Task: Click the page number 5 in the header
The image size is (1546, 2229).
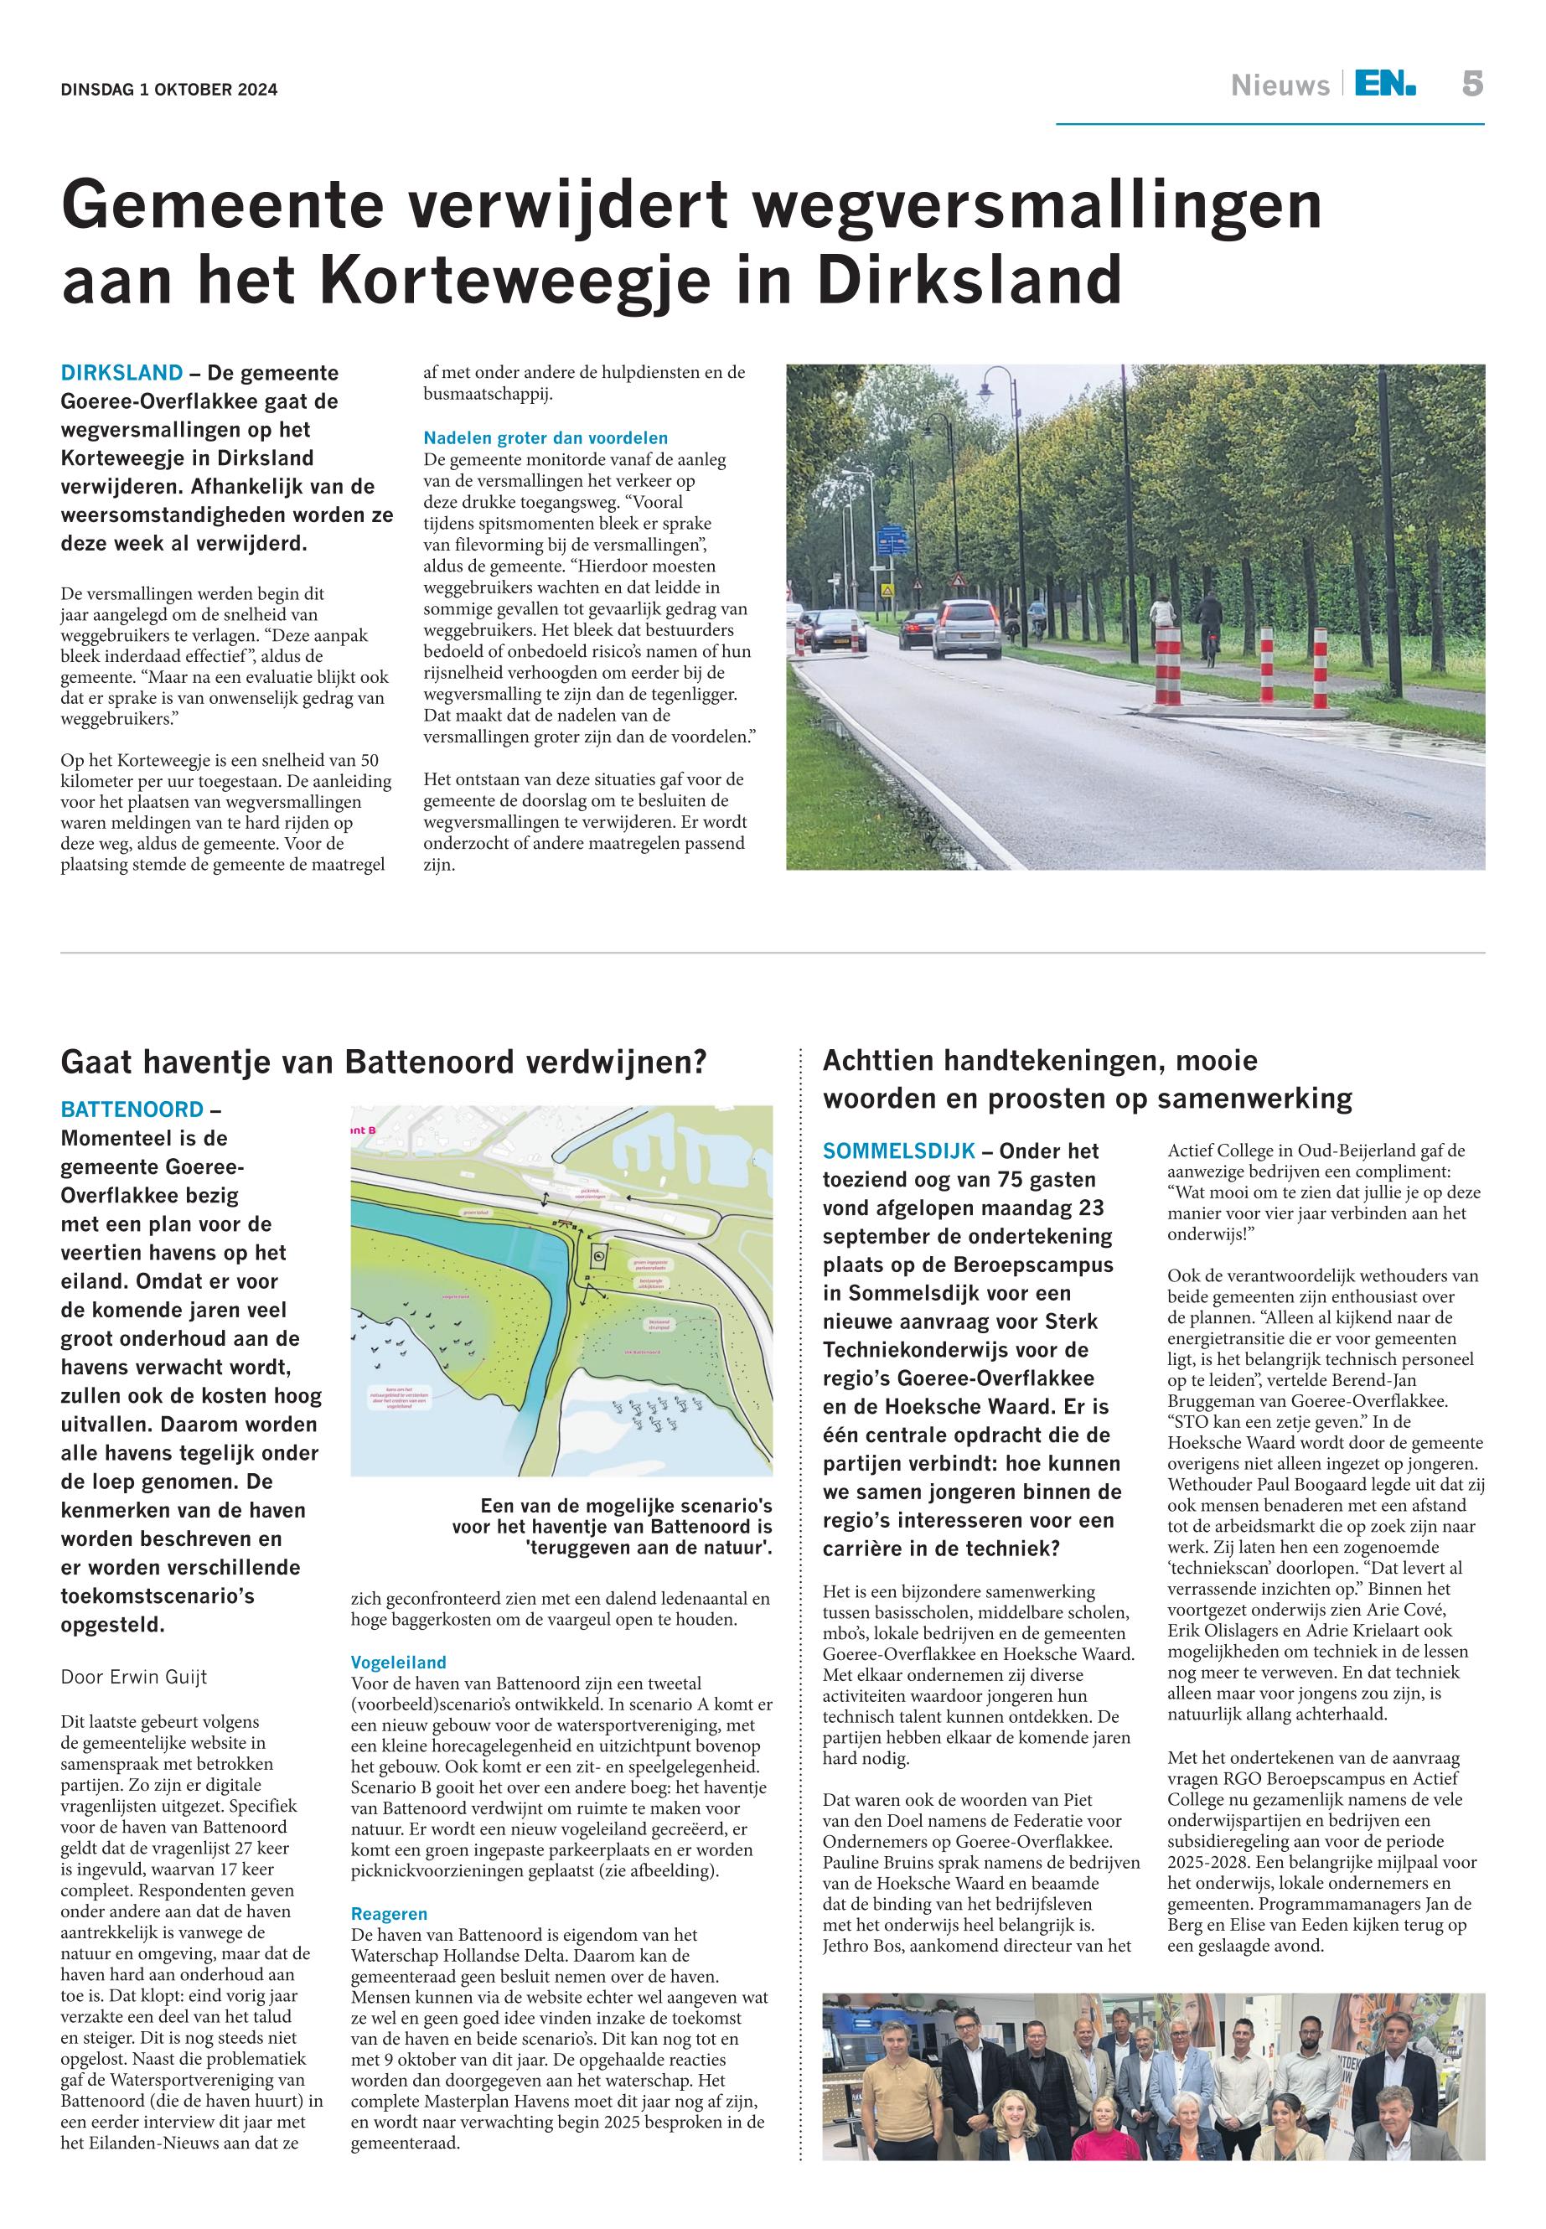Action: tap(1471, 85)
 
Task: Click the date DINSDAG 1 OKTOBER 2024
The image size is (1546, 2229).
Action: tap(168, 91)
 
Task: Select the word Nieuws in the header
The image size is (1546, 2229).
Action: tap(1280, 86)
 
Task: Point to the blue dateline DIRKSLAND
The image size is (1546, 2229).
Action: tap(122, 373)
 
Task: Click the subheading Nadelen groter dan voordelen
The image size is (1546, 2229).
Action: tap(545, 438)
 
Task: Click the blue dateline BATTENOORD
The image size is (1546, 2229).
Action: tap(132, 1109)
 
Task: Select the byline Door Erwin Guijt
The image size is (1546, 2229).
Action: tap(134, 1677)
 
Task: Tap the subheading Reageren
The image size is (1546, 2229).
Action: tap(389, 1914)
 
